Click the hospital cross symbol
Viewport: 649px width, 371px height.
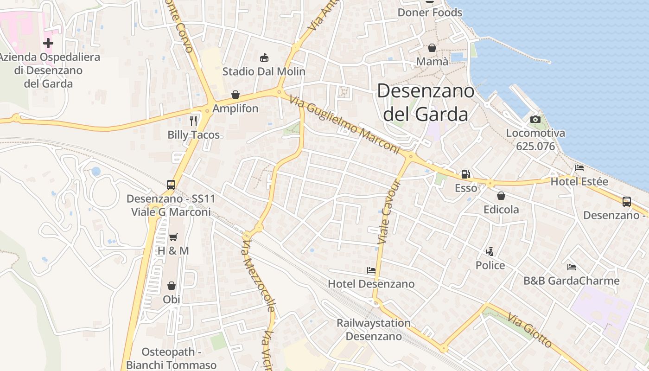click(x=48, y=43)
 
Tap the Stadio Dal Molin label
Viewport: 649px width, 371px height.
click(x=264, y=71)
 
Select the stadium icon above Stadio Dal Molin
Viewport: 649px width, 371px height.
click(x=264, y=58)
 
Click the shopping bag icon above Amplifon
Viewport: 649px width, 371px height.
click(x=235, y=95)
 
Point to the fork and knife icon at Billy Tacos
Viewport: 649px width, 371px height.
click(x=193, y=121)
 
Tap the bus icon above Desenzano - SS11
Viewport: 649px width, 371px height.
click(x=171, y=185)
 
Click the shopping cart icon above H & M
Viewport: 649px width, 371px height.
click(x=173, y=237)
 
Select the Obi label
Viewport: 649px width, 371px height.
click(x=172, y=300)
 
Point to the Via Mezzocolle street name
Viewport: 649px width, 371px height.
click(x=259, y=275)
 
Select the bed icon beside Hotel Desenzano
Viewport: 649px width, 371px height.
click(x=371, y=270)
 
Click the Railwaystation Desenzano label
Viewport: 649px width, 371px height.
click(x=374, y=329)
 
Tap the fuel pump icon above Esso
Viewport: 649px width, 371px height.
click(x=465, y=174)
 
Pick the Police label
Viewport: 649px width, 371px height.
click(x=490, y=265)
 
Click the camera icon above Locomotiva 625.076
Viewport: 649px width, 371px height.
click(x=535, y=120)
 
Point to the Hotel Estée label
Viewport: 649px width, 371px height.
click(x=579, y=182)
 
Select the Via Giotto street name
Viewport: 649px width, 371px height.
click(x=529, y=330)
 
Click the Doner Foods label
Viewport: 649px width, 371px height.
click(x=430, y=13)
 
